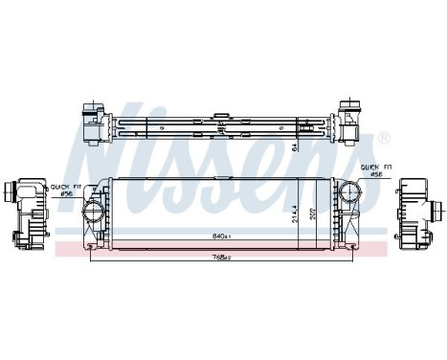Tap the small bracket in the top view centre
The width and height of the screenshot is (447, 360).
point(220,122)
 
